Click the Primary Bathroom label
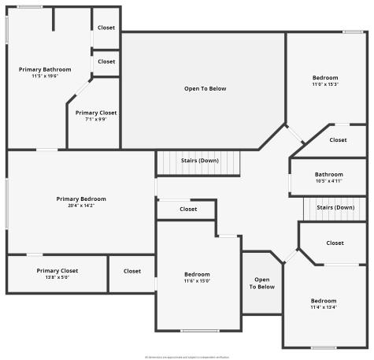point(41,69)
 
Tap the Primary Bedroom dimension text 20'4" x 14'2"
point(81,206)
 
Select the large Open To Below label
point(205,88)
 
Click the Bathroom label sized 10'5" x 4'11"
point(328,174)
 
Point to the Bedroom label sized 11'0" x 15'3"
point(325,77)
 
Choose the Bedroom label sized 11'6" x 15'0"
point(197,274)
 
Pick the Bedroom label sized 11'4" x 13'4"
point(323,300)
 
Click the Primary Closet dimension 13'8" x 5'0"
point(57,277)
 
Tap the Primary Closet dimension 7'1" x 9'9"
point(96,119)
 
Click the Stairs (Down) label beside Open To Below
point(199,161)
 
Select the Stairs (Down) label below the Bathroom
point(335,207)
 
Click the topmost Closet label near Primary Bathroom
point(106,28)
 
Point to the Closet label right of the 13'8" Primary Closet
point(131,271)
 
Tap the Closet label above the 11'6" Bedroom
point(188,209)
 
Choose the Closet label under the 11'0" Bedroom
point(338,139)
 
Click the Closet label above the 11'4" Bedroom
point(335,243)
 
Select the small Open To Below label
point(262,283)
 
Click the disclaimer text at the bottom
point(187,355)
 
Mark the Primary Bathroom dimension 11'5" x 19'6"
point(41,76)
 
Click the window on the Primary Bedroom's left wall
point(7,204)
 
